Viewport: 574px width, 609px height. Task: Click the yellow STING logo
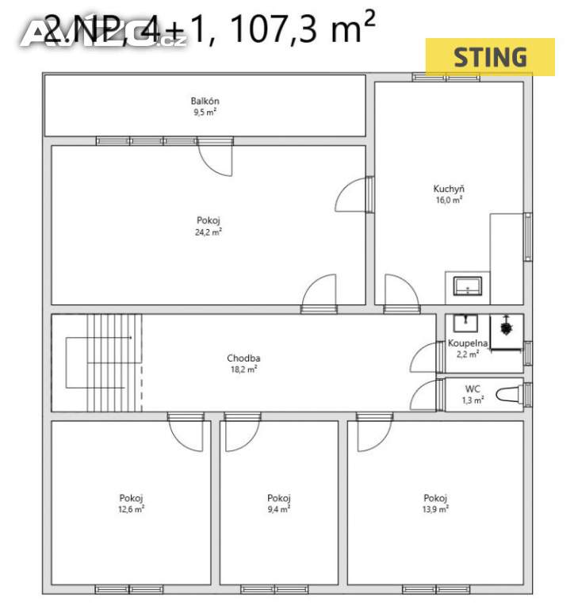(490, 56)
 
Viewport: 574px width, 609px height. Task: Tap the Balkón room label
(205, 101)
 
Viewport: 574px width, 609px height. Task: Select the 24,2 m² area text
(209, 232)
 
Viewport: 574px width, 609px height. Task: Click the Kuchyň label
(448, 189)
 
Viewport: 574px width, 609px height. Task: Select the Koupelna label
(468, 343)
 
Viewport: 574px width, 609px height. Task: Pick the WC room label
(473, 389)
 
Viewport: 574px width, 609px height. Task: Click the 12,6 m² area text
(131, 509)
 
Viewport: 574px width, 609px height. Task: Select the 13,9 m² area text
(436, 509)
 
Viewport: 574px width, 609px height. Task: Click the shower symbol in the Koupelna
(504, 327)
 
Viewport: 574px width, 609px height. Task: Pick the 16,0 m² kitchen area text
(448, 201)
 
